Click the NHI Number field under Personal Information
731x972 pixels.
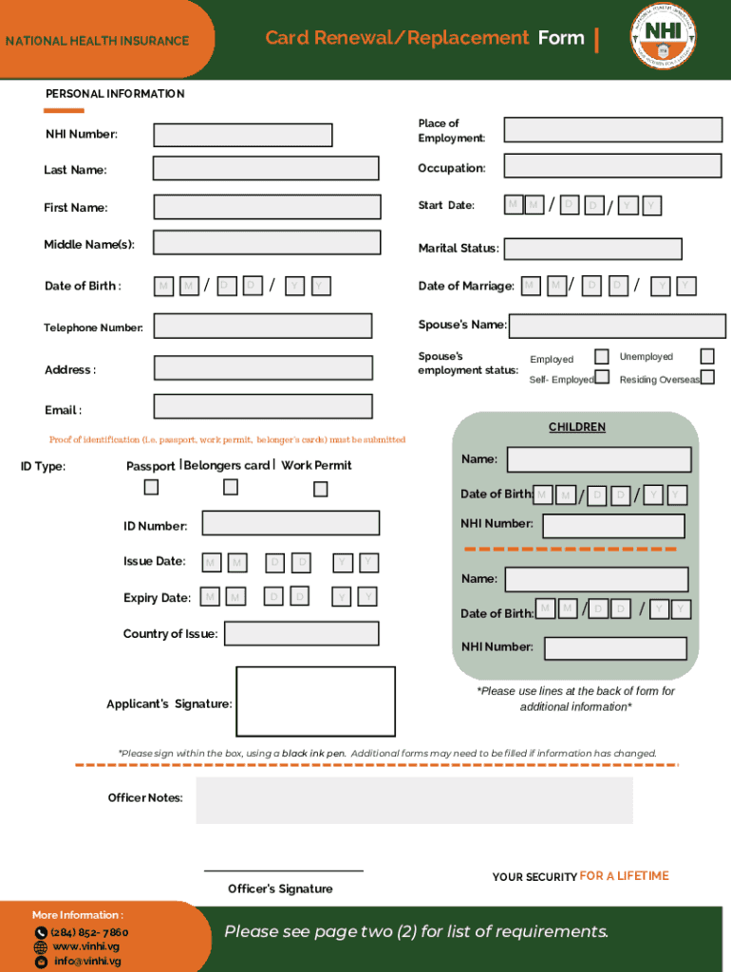tap(243, 135)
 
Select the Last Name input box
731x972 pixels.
tap(266, 169)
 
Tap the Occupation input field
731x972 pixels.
tap(612, 166)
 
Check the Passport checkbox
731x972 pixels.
tap(151, 488)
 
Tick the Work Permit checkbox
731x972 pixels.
tap(321, 489)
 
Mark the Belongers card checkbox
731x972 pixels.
tap(231, 488)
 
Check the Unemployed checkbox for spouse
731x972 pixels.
tap(707, 356)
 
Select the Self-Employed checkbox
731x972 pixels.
tap(601, 378)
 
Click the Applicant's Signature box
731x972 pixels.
tap(315, 701)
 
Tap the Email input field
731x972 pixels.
tap(263, 407)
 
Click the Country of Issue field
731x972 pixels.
tap(301, 633)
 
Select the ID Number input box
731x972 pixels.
tap(291, 523)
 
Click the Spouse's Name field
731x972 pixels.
tap(617, 326)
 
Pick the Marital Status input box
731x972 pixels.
tap(592, 249)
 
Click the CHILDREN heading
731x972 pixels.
tap(577, 427)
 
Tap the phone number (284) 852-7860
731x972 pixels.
tap(89, 932)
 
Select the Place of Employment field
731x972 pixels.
tap(612, 130)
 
